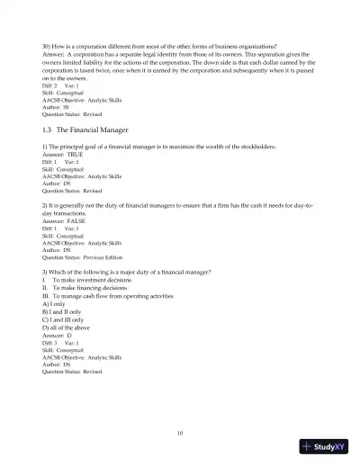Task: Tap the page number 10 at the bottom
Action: (180, 433)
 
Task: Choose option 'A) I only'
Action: (56, 303)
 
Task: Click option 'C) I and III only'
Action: (65, 319)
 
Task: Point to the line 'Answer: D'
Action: (58, 335)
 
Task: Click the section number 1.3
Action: (49, 130)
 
